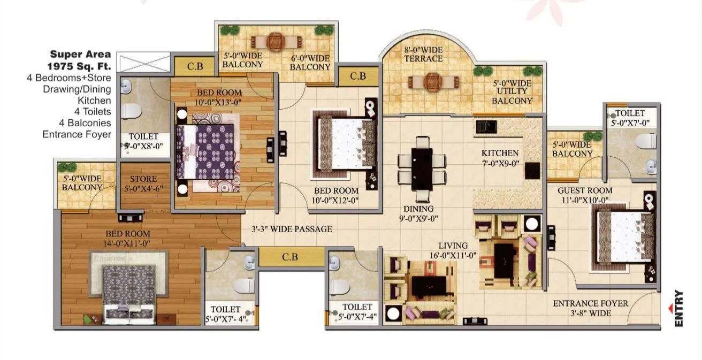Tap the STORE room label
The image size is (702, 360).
143,183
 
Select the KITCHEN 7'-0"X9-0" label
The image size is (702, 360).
500,158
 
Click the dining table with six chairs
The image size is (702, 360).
422,163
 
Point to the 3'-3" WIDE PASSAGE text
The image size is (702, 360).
292,229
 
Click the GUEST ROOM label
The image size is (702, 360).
585,195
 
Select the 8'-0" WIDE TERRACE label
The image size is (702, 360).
423,53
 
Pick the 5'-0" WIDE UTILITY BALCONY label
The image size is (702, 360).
512,91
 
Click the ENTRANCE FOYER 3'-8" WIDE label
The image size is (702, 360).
590,308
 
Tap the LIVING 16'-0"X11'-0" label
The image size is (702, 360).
456,250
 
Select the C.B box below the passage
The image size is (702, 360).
290,257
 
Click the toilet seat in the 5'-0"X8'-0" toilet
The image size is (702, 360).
132,111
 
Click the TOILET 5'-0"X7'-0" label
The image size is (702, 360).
630,118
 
